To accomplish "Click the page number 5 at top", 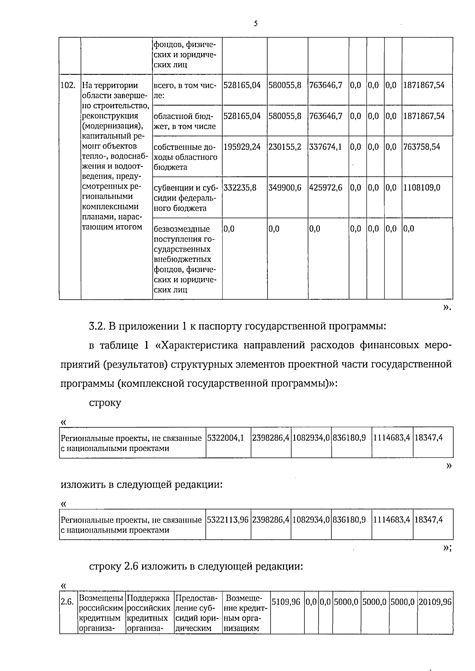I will point(256,24).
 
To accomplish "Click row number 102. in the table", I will point(68,85).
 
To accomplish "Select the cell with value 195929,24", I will point(242,147).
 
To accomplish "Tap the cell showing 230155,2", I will point(285,147).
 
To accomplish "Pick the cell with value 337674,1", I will point(325,147).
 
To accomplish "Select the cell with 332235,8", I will point(240,188).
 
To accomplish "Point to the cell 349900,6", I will point(285,188).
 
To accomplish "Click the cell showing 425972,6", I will point(325,188).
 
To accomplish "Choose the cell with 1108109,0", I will point(422,188).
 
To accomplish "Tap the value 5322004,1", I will point(226,438).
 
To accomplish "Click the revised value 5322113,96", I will point(228,520).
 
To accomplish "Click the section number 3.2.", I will point(97,327).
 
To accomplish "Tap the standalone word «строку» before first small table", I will point(105,403).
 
